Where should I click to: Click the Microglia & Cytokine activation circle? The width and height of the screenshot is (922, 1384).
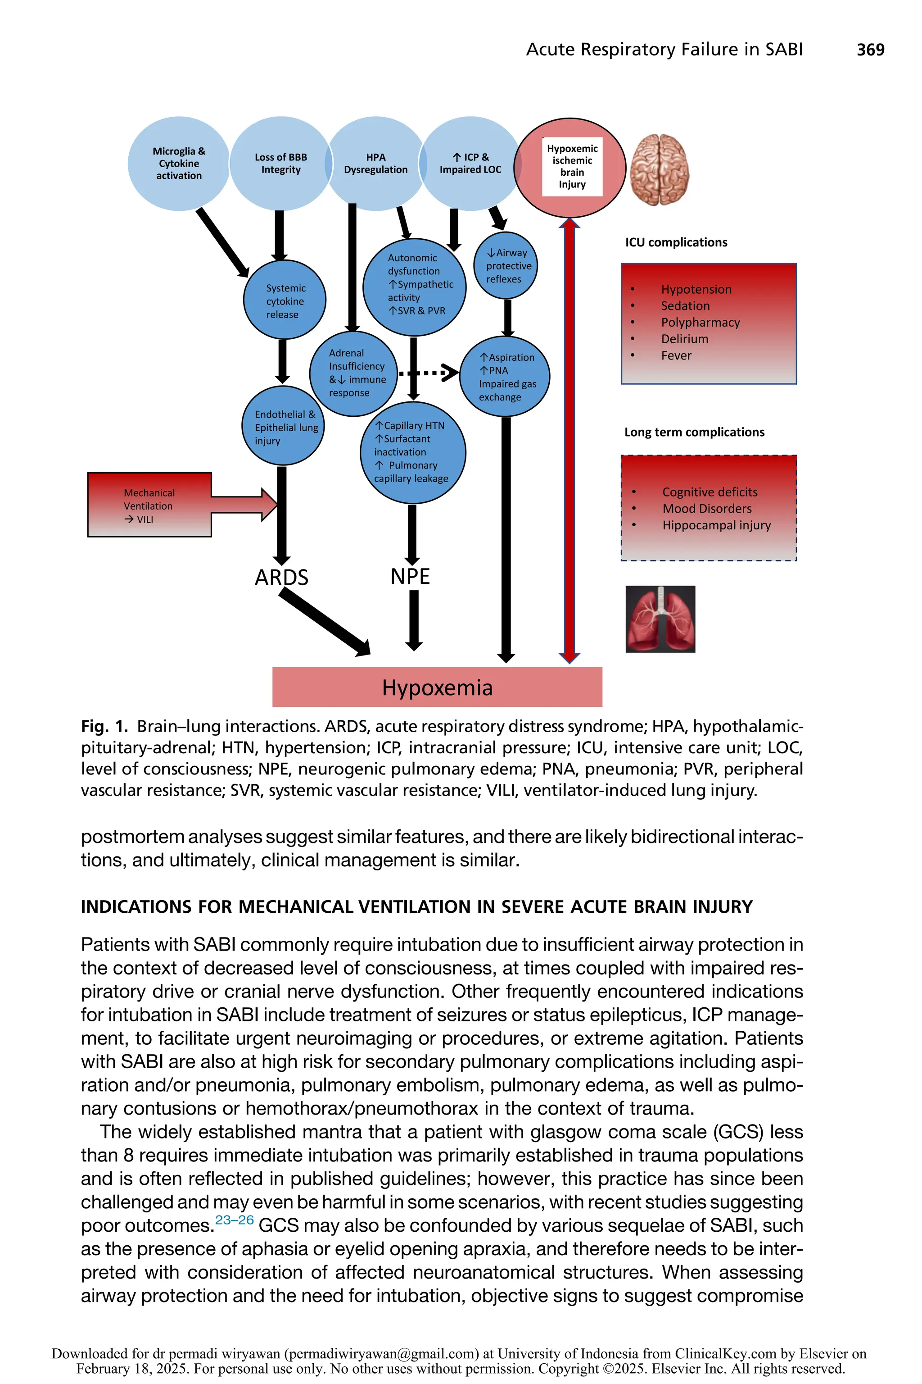click(178, 164)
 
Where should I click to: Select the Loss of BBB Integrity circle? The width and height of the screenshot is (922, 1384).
click(280, 164)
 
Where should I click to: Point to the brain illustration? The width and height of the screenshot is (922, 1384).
click(659, 169)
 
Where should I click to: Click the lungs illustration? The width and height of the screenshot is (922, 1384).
click(660, 619)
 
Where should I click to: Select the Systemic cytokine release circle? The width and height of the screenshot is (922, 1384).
click(285, 300)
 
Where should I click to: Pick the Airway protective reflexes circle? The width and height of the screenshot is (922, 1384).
click(506, 265)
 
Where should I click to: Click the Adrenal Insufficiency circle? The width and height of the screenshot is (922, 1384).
click(354, 373)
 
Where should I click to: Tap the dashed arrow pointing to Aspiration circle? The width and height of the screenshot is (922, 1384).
click(428, 373)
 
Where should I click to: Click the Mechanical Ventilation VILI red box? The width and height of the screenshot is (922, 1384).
click(149, 505)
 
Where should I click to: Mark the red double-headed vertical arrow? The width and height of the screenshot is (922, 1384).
click(569, 442)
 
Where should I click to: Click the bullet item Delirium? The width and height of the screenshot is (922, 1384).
click(684, 339)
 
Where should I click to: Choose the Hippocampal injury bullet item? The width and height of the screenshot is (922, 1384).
click(716, 525)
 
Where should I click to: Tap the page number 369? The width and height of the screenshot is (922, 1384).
click(870, 50)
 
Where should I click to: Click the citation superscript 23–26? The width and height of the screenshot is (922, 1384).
click(234, 1220)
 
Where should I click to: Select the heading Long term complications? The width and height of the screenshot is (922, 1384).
click(694, 432)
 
